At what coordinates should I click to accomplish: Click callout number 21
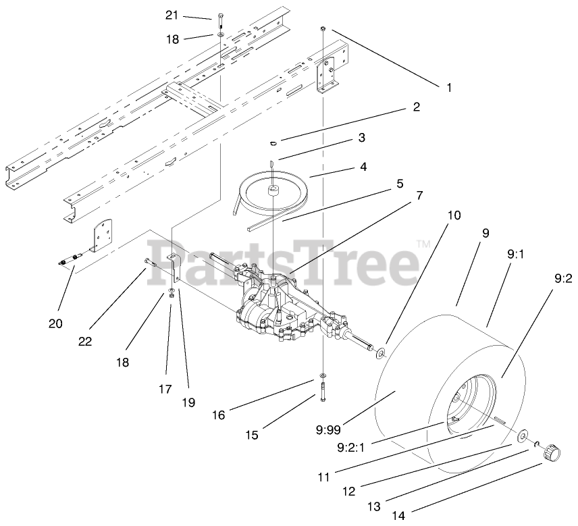(x=172, y=15)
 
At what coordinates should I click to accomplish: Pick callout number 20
(x=56, y=323)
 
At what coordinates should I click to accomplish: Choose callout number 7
(x=419, y=195)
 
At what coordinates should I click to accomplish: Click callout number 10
(x=454, y=215)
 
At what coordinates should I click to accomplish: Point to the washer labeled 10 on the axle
(x=379, y=352)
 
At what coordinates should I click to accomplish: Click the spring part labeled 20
(x=70, y=258)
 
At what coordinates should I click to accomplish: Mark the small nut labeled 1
(x=323, y=28)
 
